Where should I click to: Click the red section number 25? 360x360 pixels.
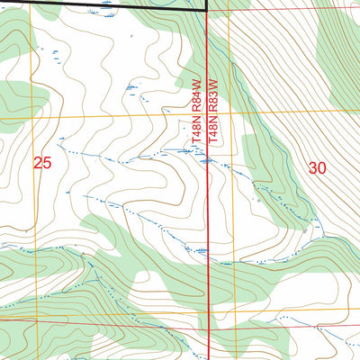(x=42, y=163)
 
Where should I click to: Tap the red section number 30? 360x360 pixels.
(x=317, y=167)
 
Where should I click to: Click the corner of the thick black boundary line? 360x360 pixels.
(x=207, y=10)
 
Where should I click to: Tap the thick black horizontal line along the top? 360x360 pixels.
(x=108, y=4)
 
